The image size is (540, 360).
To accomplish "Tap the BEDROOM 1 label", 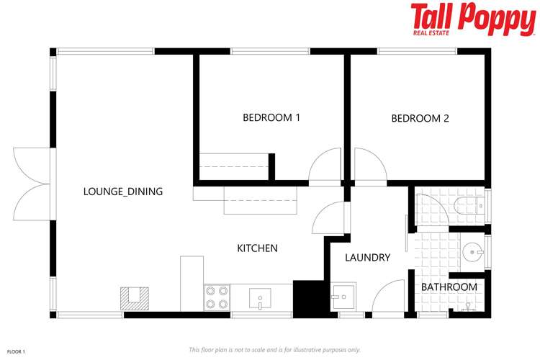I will pyautogui.click(x=271, y=118).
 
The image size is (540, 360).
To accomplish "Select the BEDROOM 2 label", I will pyautogui.click(x=420, y=118).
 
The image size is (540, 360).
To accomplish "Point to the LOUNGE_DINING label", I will pyautogui.click(x=123, y=192).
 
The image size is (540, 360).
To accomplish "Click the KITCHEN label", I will pyautogui.click(x=258, y=248).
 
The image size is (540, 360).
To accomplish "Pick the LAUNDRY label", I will pyautogui.click(x=367, y=257).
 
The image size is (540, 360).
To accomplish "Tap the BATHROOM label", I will pyautogui.click(x=449, y=287).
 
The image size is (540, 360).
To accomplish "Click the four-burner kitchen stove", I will pyautogui.click(x=217, y=297).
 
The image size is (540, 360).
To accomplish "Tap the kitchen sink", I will pyautogui.click(x=260, y=297).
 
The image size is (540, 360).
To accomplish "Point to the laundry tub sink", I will pyautogui.click(x=341, y=297).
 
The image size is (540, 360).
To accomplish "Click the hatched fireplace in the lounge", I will pyautogui.click(x=134, y=298).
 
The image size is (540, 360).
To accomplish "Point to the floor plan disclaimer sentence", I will pyautogui.click(x=274, y=350).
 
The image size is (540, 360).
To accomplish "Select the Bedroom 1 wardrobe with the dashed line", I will pyautogui.click(x=233, y=167).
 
